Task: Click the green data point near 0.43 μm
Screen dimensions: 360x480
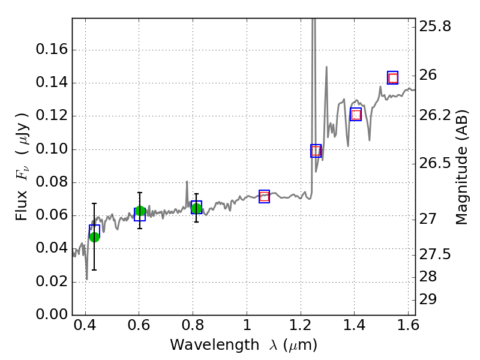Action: [94, 236]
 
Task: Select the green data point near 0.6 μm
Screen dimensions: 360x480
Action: [140, 211]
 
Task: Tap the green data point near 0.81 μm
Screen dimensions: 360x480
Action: [196, 208]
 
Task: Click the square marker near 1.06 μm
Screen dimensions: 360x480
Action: [264, 196]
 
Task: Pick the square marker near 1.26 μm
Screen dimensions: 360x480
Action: [316, 151]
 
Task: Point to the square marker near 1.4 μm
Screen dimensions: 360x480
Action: [356, 114]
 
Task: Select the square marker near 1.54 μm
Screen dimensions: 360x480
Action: [393, 77]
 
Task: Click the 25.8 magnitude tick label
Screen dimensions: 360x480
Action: [436, 26]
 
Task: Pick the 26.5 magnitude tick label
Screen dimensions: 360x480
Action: [436, 163]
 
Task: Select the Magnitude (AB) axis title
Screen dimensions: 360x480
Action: [461, 167]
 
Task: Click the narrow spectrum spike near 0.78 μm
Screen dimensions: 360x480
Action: [187, 182]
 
